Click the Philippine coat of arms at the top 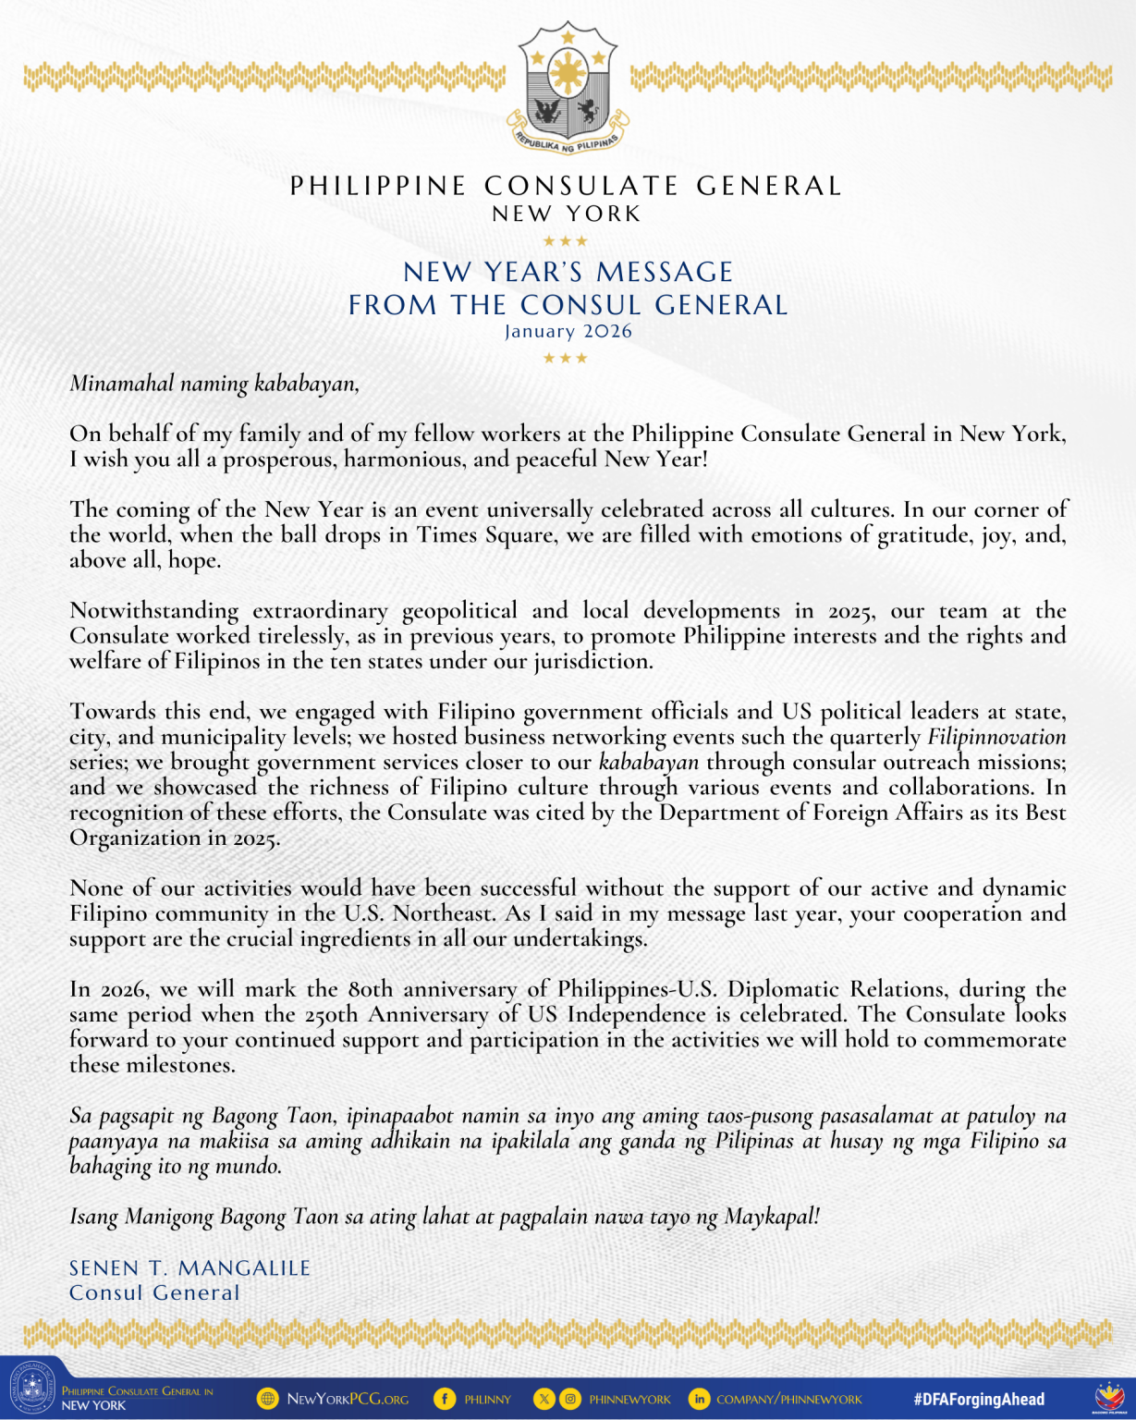point(568,88)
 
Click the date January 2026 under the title point(568,331)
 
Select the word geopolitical point(459,611)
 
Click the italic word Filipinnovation point(996,738)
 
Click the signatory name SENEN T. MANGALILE point(190,1268)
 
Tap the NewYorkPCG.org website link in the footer point(348,1399)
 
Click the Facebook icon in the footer point(445,1399)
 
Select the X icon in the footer point(544,1399)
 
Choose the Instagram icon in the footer point(570,1399)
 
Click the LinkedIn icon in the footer point(699,1399)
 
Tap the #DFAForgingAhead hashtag point(979,1399)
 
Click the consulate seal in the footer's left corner point(32,1389)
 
